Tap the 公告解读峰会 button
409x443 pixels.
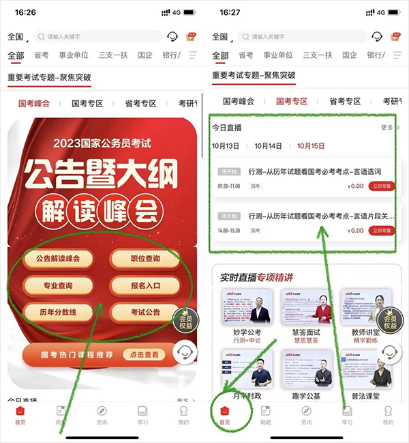click(x=58, y=259)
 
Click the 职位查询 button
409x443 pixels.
click(x=145, y=259)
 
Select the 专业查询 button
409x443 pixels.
click(x=58, y=285)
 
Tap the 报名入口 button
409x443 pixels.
click(x=145, y=285)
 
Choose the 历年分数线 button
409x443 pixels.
click(x=58, y=312)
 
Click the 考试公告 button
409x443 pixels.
click(x=145, y=312)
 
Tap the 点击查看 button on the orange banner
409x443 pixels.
click(x=145, y=355)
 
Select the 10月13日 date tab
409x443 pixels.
click(x=226, y=146)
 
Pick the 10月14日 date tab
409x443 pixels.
click(x=268, y=146)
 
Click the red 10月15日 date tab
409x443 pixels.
click(x=311, y=146)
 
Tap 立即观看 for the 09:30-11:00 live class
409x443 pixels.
click(x=383, y=186)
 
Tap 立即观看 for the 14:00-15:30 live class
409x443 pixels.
click(x=383, y=231)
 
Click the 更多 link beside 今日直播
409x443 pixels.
click(x=389, y=128)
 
